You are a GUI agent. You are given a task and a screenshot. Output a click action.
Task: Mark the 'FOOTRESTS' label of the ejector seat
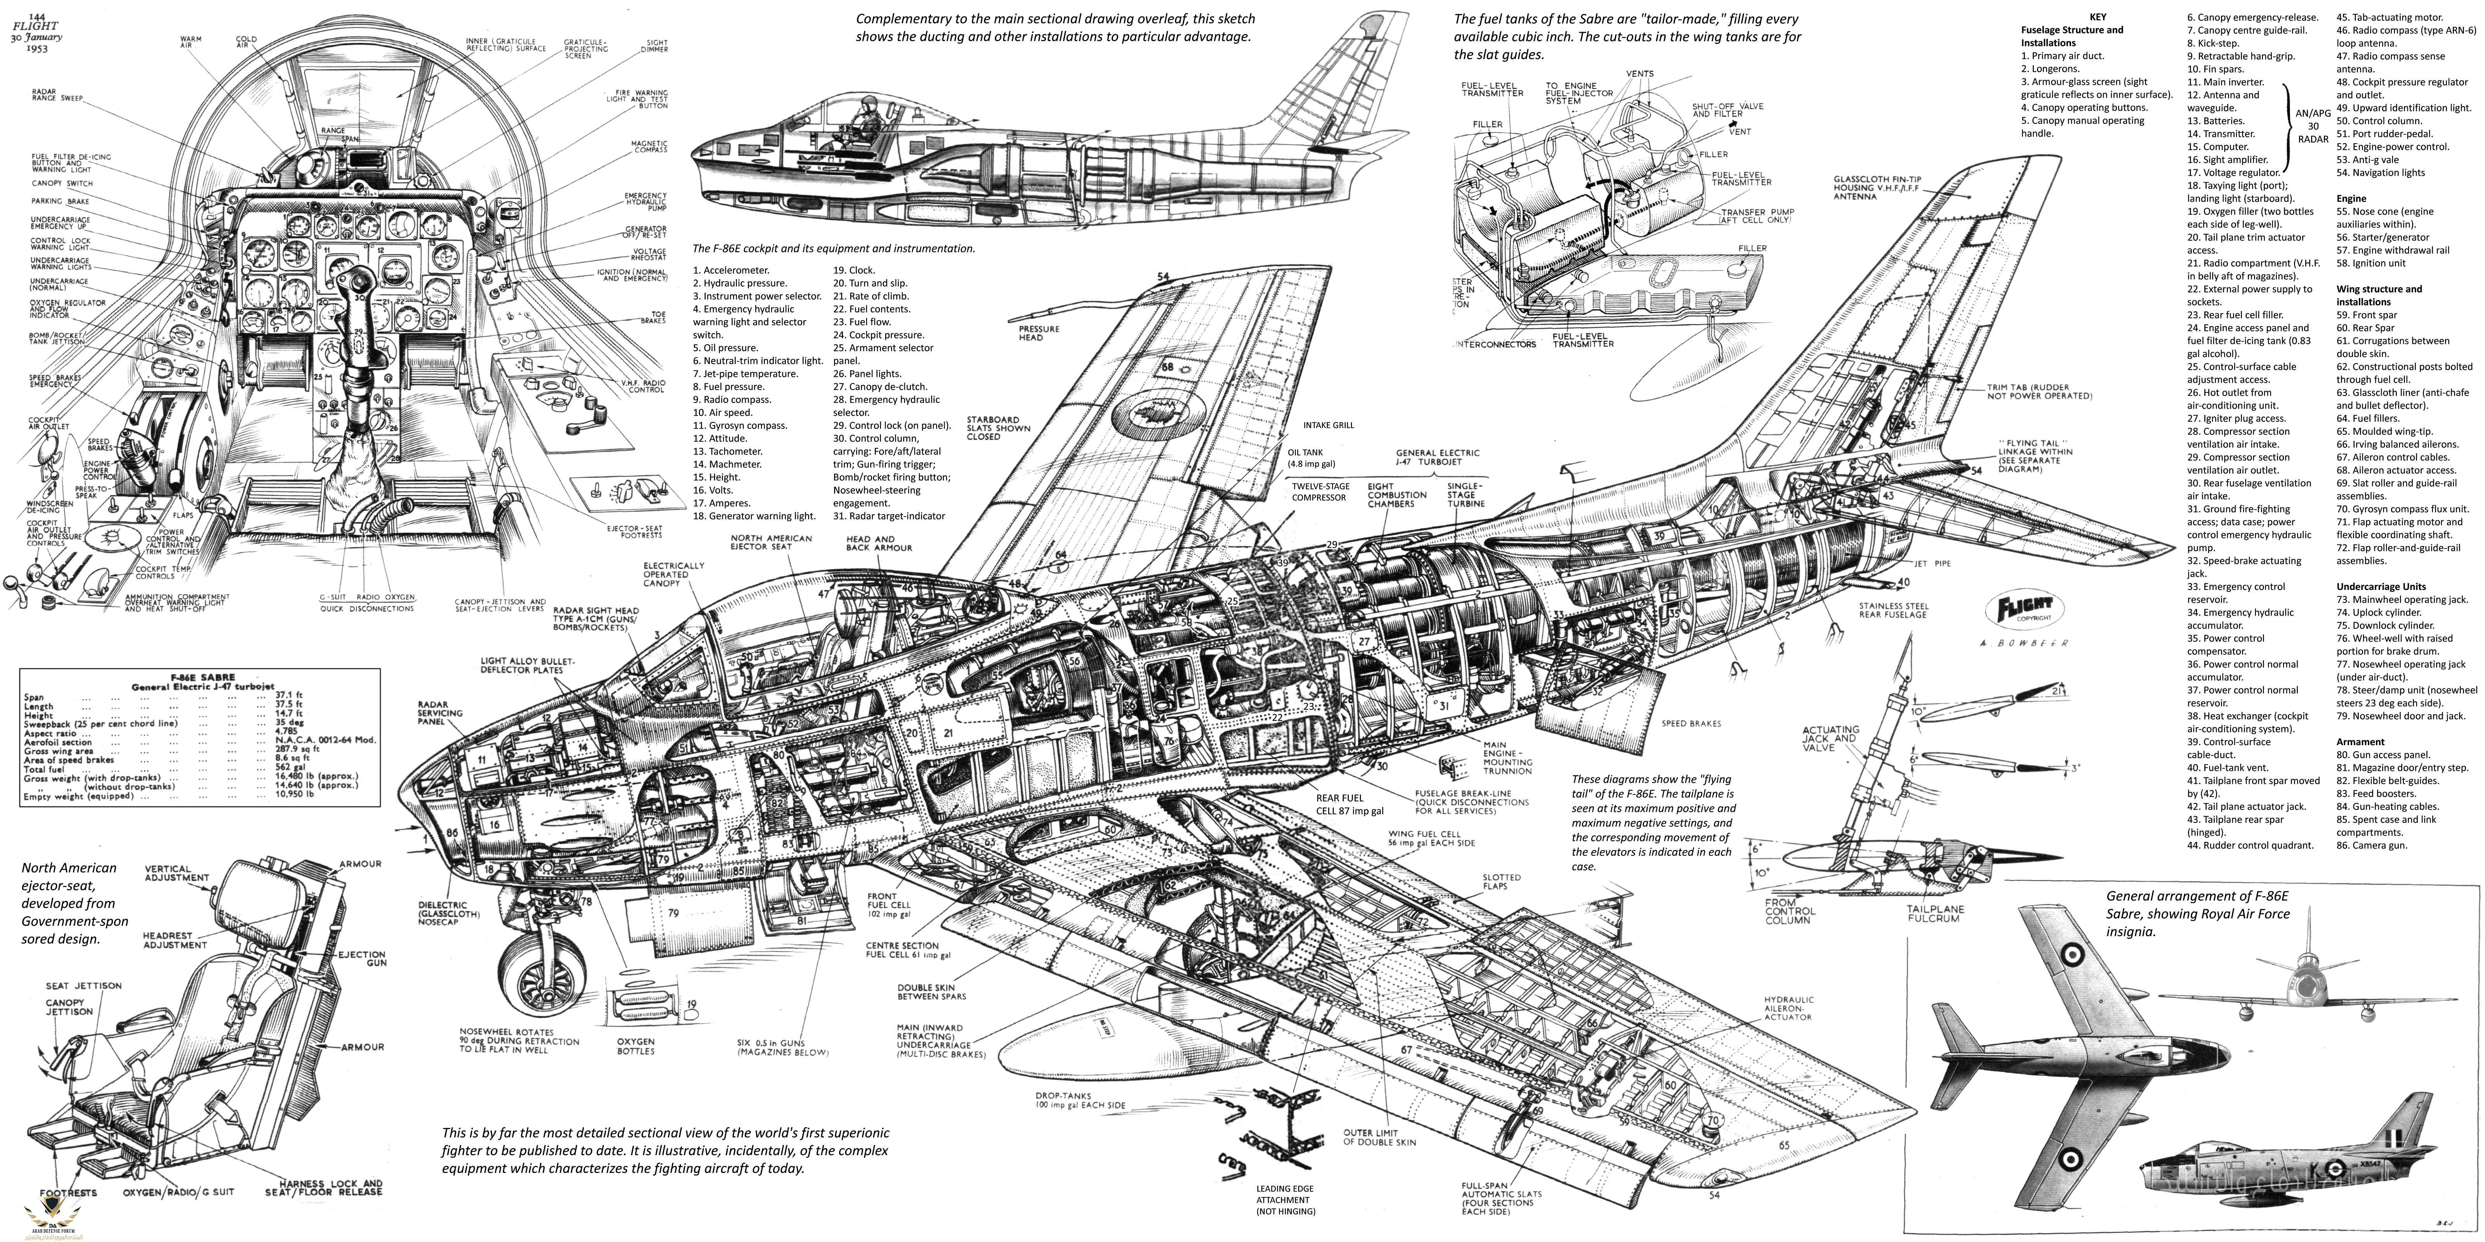[x=68, y=1193]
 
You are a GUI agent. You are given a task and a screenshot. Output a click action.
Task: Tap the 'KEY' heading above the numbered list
[x=2091, y=16]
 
